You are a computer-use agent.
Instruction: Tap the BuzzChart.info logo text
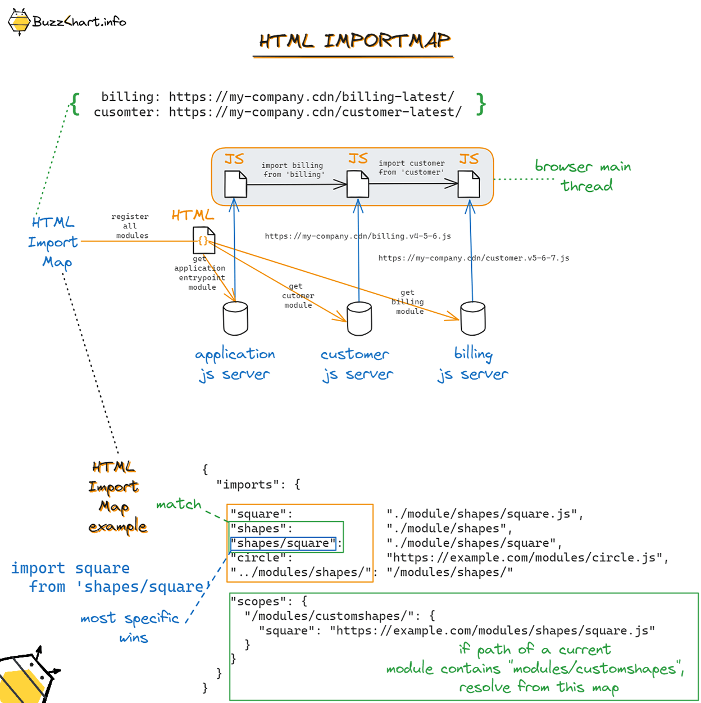79,21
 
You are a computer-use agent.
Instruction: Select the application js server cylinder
235,318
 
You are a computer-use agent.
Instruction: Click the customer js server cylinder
359,318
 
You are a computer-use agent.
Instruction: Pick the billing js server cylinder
472,318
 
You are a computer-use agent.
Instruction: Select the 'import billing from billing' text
293,170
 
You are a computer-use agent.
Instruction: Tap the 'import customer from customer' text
411,168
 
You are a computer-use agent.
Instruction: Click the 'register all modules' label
130,226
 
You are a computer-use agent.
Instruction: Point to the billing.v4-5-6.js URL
358,236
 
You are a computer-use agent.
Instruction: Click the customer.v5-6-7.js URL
474,258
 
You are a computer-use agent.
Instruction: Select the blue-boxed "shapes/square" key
283,543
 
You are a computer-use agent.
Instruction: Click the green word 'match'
179,504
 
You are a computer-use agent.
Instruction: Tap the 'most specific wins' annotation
130,627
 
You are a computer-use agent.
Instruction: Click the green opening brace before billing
75,104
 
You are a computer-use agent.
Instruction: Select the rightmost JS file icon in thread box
468,184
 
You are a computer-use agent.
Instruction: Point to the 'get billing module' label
408,302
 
